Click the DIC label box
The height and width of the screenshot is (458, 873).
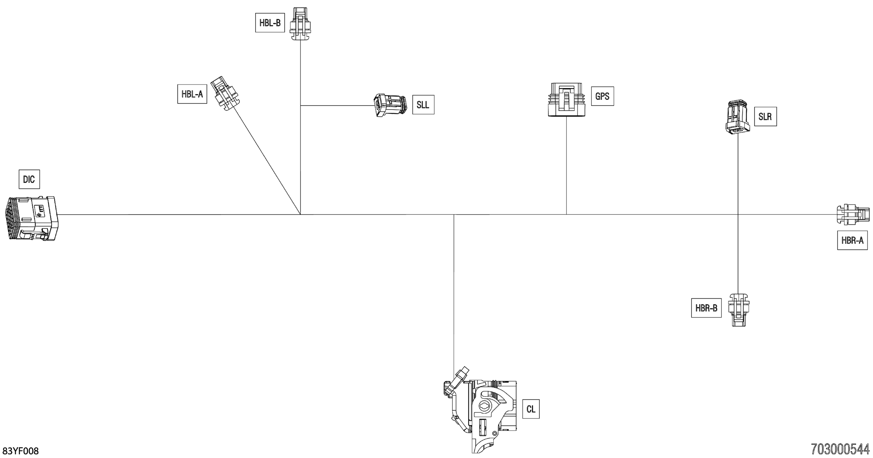[29, 179]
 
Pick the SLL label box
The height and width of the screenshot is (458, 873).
[423, 105]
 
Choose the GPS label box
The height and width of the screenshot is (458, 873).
[602, 96]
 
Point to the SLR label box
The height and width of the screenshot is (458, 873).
[765, 117]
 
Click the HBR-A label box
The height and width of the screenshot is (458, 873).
[852, 240]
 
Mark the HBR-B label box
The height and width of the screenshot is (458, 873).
[706, 308]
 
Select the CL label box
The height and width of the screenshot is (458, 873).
[531, 409]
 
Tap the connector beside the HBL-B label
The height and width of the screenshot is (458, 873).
[300, 24]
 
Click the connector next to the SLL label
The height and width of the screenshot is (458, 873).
[390, 105]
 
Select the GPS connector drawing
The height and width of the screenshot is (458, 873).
[566, 100]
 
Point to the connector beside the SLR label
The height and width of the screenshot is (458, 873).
[738, 117]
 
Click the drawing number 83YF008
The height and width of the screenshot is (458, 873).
[21, 451]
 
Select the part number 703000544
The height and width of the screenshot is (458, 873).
[840, 450]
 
